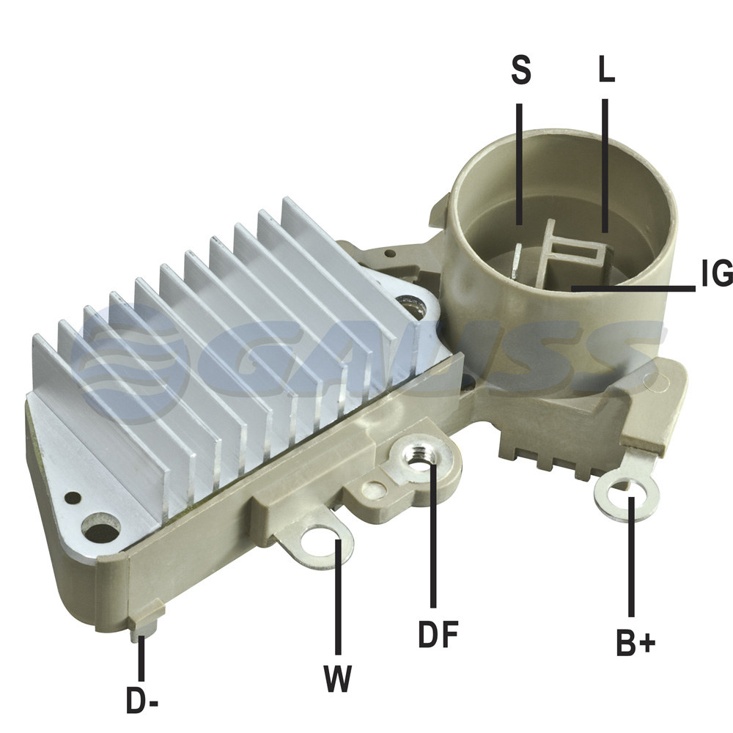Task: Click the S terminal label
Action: (520, 70)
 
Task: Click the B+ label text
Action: (636, 643)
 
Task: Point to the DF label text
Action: (438, 634)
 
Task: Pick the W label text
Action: (337, 677)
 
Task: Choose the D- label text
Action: (142, 699)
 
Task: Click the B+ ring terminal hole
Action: (627, 493)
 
